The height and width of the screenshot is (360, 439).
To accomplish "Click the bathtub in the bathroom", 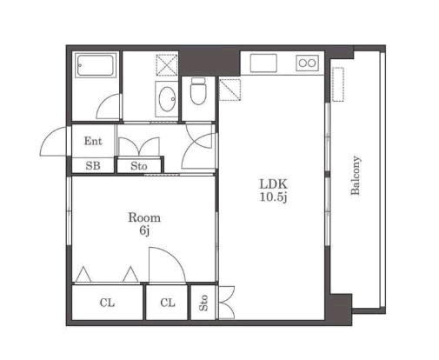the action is click(x=96, y=65).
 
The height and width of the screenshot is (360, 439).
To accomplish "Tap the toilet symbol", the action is click(x=198, y=91).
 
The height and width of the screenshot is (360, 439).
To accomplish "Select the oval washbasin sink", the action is click(x=167, y=99).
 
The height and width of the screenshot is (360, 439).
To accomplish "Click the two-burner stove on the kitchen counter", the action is click(x=307, y=63).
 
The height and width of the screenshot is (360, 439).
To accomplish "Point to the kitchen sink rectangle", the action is click(x=263, y=63).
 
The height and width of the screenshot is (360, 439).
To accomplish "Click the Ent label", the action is click(x=93, y=141).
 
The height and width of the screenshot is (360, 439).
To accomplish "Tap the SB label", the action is click(x=93, y=166).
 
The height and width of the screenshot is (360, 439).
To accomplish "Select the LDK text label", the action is click(x=273, y=184).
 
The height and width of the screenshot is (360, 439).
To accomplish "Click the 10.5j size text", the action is click(x=273, y=197).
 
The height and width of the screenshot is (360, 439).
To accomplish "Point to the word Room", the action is click(x=144, y=217).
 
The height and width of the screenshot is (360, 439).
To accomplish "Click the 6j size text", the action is click(x=144, y=230).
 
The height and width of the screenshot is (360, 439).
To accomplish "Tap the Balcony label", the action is click(x=356, y=176).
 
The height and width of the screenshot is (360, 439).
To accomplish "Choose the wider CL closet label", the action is click(x=107, y=303).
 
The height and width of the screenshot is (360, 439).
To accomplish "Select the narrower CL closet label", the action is click(x=168, y=303).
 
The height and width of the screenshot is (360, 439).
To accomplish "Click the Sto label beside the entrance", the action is click(x=139, y=166).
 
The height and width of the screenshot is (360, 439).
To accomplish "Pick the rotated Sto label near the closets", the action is click(x=203, y=303).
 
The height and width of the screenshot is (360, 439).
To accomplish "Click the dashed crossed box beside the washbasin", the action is click(x=167, y=65).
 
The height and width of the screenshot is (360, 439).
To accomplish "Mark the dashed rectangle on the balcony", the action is click(x=338, y=84).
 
